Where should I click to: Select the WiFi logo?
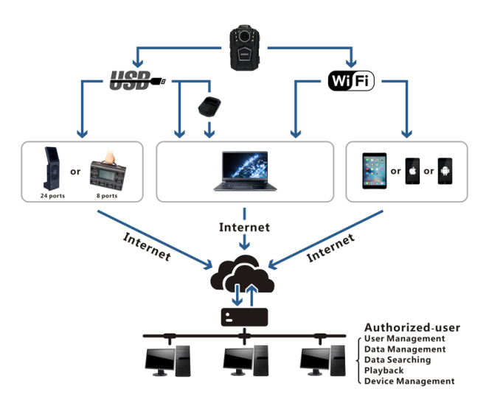[x=351, y=80]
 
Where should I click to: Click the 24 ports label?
[x=54, y=197]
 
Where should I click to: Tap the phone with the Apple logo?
[x=413, y=171]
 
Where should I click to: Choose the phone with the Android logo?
[x=445, y=171]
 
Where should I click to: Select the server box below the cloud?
[x=243, y=317]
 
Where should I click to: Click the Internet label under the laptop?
[x=243, y=228]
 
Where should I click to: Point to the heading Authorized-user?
[x=412, y=327]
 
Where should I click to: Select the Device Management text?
[x=410, y=381]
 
